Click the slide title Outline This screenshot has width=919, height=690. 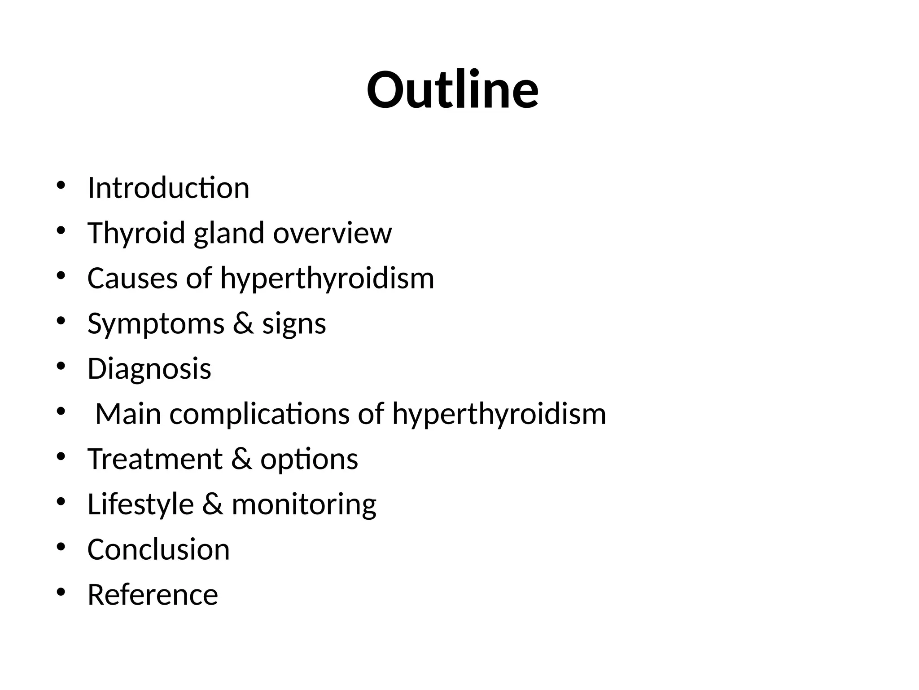(452, 90)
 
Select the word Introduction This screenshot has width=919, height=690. (168, 188)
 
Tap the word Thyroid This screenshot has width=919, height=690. (136, 233)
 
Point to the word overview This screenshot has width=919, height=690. (332, 233)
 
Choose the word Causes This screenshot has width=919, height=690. (132, 278)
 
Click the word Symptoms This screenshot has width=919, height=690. (156, 324)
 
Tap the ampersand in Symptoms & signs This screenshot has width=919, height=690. (243, 323)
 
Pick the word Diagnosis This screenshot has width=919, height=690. (149, 369)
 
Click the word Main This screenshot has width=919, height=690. (128, 414)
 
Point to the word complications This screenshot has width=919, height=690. (259, 414)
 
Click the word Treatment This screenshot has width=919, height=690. (155, 459)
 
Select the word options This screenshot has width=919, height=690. (309, 460)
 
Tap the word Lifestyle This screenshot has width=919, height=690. (140, 504)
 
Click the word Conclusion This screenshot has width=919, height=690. (158, 549)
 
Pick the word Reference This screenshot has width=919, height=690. (153, 595)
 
